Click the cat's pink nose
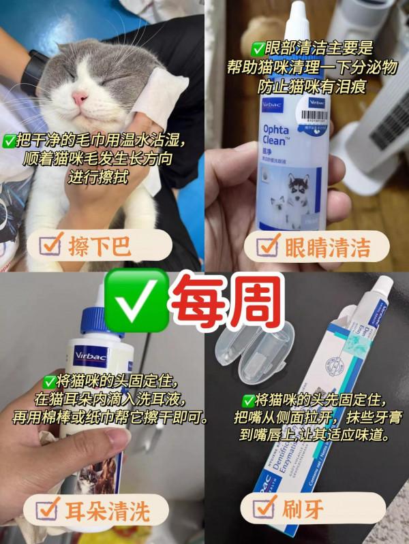pos(80,98)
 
